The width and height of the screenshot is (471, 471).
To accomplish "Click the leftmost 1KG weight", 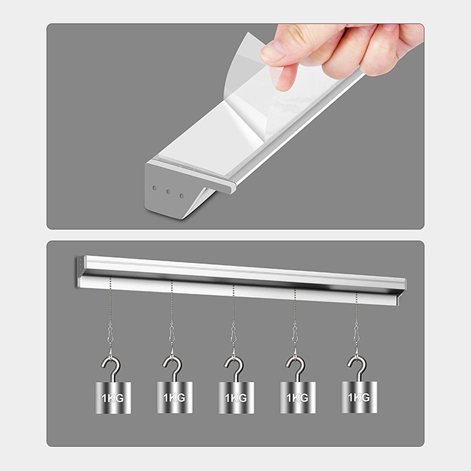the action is (113, 398).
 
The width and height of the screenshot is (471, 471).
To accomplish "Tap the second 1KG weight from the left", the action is (174, 397).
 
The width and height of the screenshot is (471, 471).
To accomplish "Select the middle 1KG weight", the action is (236, 398).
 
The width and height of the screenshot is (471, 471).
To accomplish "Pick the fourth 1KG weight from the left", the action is (298, 397).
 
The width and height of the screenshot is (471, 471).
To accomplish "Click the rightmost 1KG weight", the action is (359, 397).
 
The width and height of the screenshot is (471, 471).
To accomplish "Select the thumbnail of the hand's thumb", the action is (273, 51).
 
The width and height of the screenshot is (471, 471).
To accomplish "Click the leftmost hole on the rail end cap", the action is (154, 188).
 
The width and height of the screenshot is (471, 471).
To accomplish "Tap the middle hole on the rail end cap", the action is (168, 192).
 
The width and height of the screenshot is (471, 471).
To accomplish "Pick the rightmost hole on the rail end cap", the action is (181, 196).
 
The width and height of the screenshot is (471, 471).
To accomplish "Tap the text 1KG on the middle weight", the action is (236, 399).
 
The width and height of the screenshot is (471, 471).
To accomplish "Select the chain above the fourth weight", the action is (295, 306).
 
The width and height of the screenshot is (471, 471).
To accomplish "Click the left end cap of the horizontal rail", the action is (81, 271).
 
